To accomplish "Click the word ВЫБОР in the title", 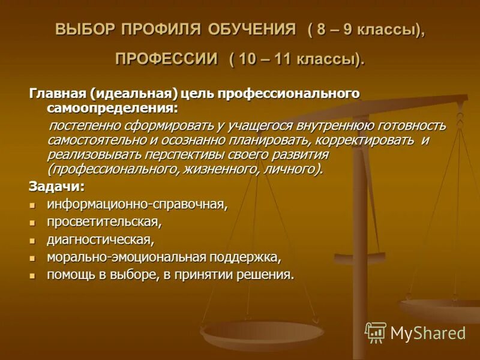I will pos(85,30).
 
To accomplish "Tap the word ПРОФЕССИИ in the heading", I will pos(166,59).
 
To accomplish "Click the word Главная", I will pos(58,94).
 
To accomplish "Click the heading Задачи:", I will pos(56,185).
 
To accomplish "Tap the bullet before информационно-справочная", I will pos(34,205).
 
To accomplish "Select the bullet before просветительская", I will pos(34,222).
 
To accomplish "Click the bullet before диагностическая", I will pos(34,240).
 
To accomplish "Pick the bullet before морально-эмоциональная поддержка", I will pos(34,258).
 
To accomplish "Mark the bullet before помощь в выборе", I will pos(34,275).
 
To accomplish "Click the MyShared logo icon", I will pos(376,332).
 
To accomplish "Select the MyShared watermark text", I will pos(428,333).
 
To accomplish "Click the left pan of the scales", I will pos(262,333).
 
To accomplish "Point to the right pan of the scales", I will pos(441,308).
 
